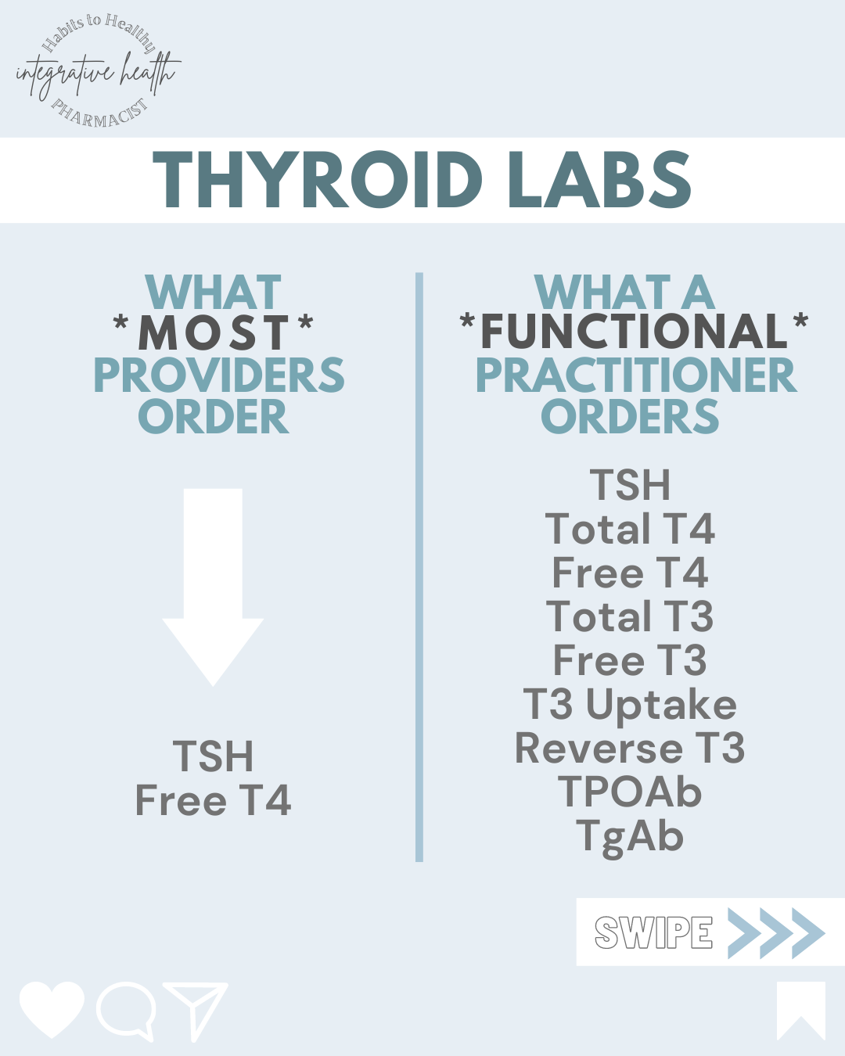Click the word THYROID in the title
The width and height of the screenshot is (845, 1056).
(317, 180)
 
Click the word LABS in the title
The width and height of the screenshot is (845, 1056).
(599, 180)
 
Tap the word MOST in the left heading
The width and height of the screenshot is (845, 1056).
(214, 332)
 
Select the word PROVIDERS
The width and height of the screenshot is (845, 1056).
(218, 375)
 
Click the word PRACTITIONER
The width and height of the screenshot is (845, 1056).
(635, 375)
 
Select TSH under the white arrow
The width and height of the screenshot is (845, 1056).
(213, 756)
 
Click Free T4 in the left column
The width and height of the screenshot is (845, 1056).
(213, 800)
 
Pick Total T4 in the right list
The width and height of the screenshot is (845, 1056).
(630, 530)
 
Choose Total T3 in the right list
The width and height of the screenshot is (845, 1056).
(630, 617)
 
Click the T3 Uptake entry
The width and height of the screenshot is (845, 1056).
(630, 705)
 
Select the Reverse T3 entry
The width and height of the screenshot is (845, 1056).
(630, 749)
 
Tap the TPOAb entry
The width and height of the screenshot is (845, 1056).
(630, 792)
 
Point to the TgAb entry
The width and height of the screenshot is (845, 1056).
(630, 836)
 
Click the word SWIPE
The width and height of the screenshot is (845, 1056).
(653, 932)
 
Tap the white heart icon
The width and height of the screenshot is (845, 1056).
(52, 1008)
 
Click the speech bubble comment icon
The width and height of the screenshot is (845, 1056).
(125, 1009)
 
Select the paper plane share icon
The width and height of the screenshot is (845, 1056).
(197, 1009)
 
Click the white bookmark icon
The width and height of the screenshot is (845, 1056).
(800, 1009)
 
